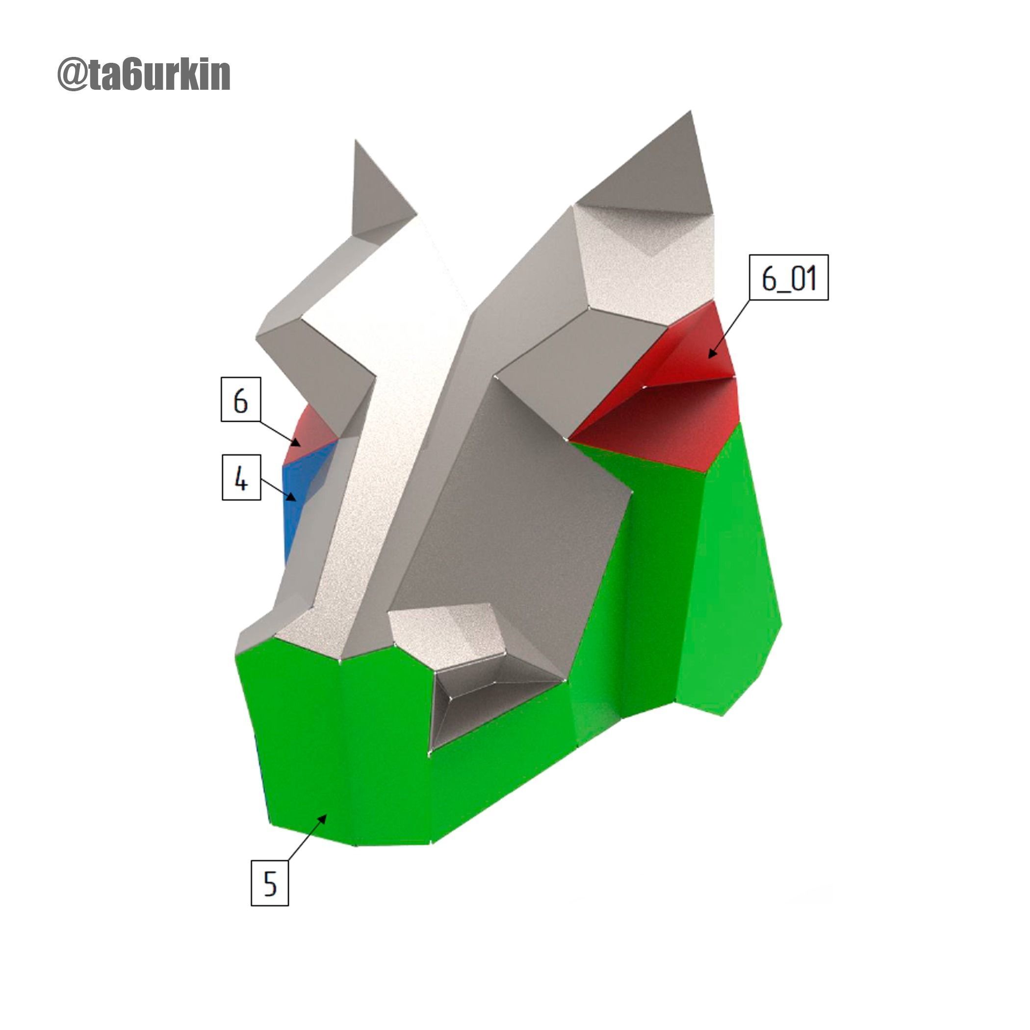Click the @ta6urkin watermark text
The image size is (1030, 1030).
click(x=144, y=75)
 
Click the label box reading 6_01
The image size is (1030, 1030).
click(x=789, y=278)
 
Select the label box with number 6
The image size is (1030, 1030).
click(x=240, y=399)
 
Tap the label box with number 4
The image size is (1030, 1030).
click(x=241, y=478)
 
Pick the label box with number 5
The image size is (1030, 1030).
click(x=270, y=882)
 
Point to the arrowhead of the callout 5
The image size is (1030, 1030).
click(x=324, y=818)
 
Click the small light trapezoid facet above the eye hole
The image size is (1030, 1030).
click(x=448, y=634)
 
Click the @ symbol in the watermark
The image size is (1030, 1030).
click(x=72, y=75)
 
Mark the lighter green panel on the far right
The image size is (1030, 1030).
click(x=730, y=576)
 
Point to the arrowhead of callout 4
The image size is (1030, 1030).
click(x=293, y=498)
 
